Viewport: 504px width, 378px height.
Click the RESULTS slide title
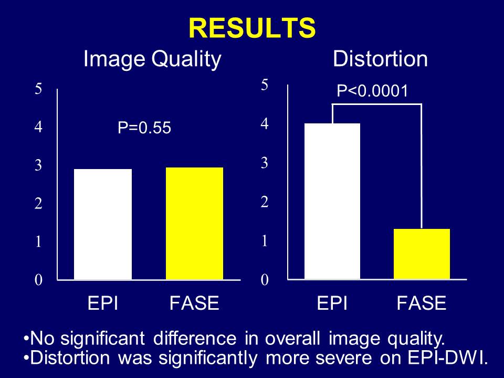coord(252,28)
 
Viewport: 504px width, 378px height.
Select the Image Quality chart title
coord(152,60)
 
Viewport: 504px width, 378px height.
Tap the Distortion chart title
coord(380,59)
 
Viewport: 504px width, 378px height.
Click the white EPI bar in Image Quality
coord(103,224)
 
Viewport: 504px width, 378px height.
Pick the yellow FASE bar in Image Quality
coord(194,224)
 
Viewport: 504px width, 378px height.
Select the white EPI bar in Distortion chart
coord(332,201)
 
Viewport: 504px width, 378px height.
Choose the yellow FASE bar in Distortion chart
coord(422,254)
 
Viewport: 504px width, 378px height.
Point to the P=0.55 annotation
coord(144,128)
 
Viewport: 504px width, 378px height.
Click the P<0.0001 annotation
coord(373,91)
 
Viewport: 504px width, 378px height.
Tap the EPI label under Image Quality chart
coord(103,303)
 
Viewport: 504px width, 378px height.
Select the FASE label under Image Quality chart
coord(194,303)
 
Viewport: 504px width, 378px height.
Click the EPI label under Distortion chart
coord(332,303)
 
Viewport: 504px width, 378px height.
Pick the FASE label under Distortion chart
coord(422,303)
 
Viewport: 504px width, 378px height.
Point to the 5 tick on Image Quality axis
coord(38,88)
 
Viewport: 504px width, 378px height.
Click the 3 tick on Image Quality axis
coord(38,165)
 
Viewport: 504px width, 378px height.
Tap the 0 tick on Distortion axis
coord(265,280)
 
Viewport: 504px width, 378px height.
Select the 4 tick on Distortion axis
coord(265,123)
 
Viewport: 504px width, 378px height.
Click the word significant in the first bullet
coord(103,339)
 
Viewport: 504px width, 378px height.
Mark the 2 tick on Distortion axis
coord(265,202)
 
